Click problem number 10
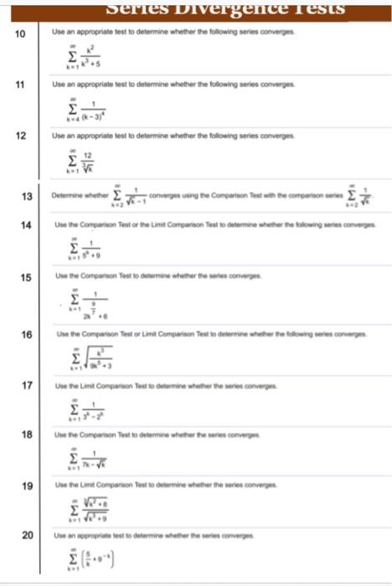point(21,33)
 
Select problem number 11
point(21,85)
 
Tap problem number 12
point(21,135)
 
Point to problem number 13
point(26,197)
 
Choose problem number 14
point(26,226)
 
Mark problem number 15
point(26,276)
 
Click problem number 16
point(26,334)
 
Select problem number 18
point(26,434)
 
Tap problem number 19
point(26,485)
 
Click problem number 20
point(26,534)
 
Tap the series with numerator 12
point(84,160)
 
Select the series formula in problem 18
point(89,460)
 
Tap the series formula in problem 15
point(90,306)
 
